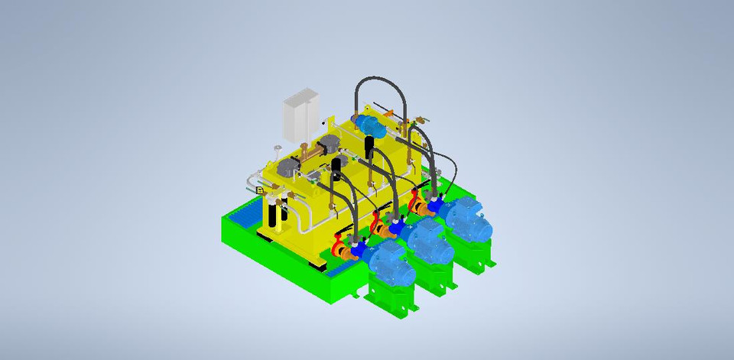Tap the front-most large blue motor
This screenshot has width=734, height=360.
389,261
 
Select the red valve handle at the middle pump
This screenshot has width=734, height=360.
375,222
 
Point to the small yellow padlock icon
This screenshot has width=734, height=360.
261,190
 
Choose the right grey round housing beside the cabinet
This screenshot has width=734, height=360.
330,145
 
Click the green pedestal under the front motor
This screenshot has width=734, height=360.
391,298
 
